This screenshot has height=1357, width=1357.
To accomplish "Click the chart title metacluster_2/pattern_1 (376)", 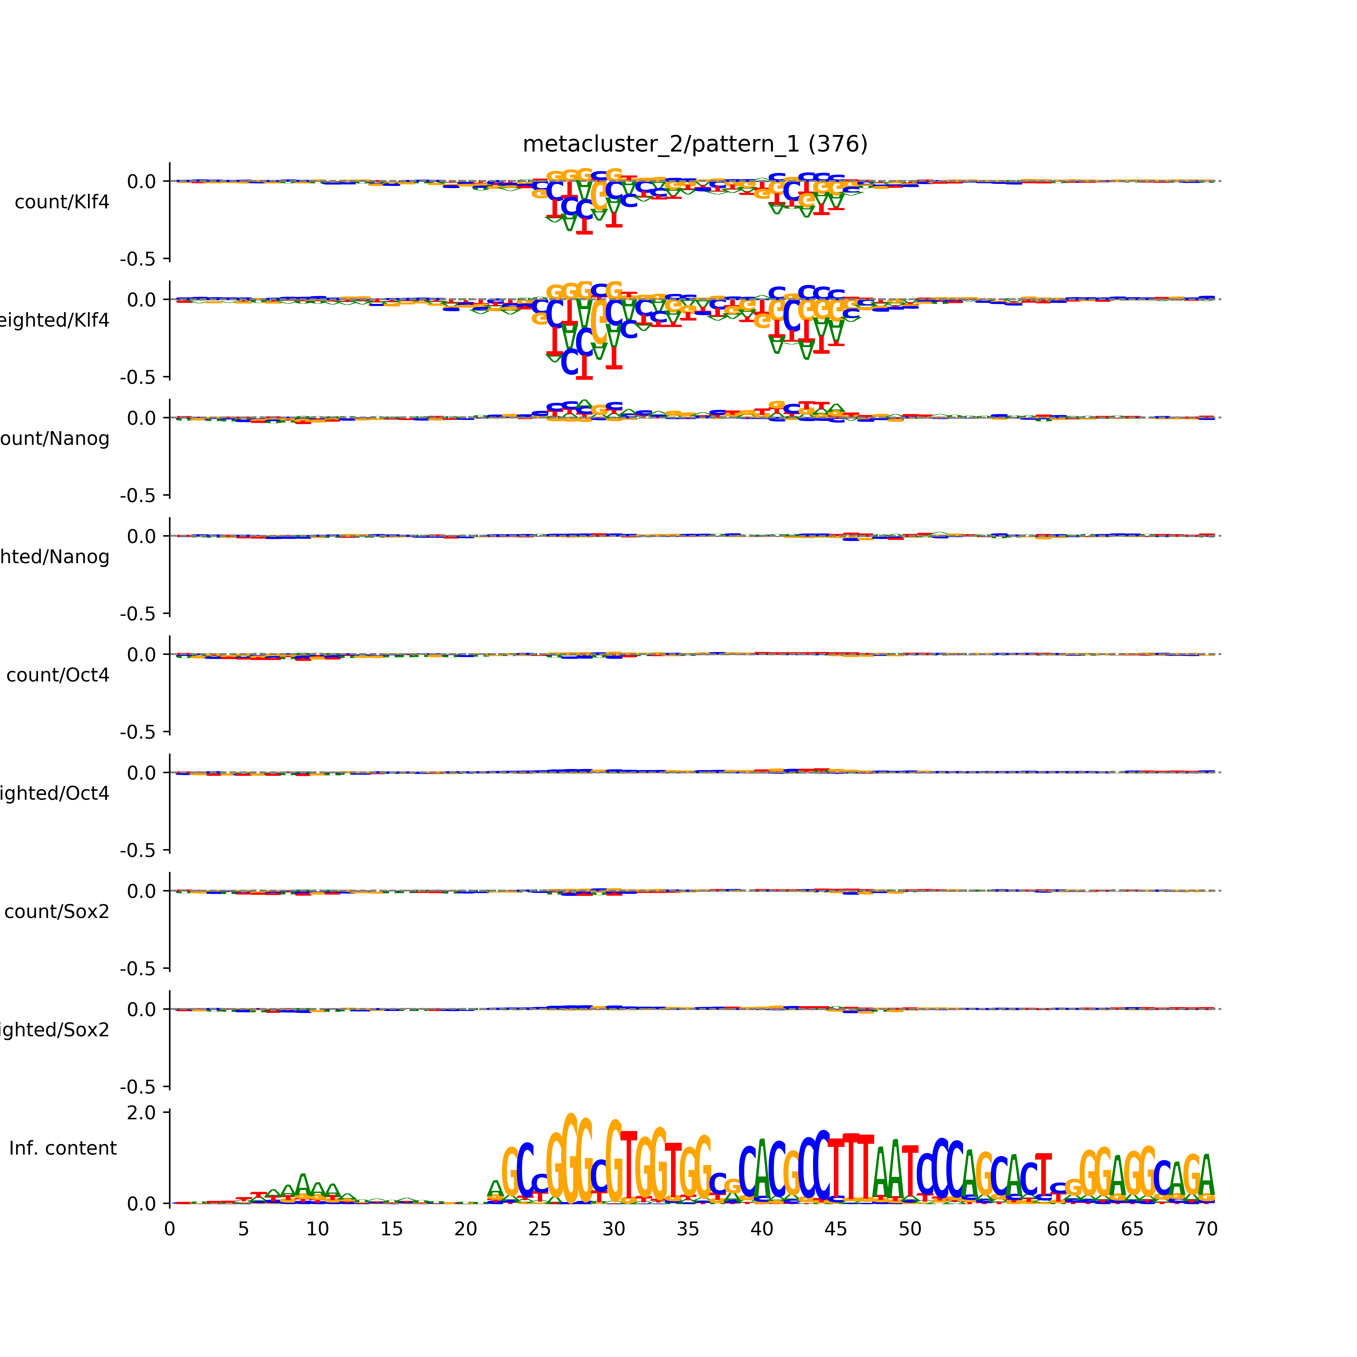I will coord(695,144).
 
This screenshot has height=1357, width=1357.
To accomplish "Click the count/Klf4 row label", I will coord(62,202).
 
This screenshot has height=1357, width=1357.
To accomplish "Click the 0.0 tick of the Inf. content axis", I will coord(141,1204).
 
